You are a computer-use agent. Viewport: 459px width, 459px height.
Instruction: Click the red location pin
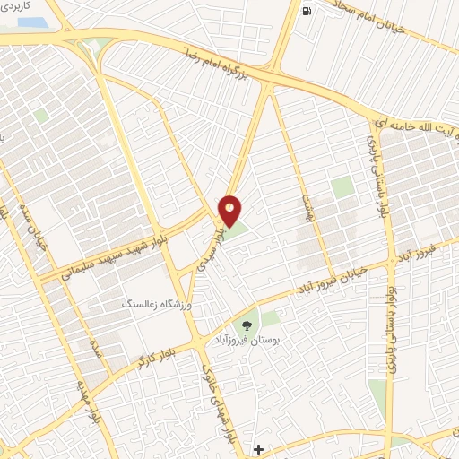point(230,210)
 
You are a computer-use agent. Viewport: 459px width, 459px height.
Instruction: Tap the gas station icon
point(307,12)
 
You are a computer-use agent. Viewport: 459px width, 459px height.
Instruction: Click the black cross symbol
point(258,448)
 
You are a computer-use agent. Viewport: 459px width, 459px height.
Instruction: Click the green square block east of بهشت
point(342,187)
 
